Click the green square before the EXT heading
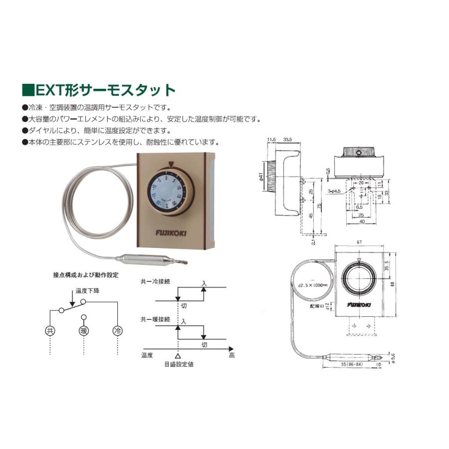click(x=28, y=90)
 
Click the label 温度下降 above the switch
click(x=87, y=291)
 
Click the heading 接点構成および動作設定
click(x=86, y=274)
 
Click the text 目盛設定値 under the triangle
click(x=179, y=364)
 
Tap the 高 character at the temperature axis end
click(x=231, y=356)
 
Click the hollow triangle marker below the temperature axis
click(x=178, y=356)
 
